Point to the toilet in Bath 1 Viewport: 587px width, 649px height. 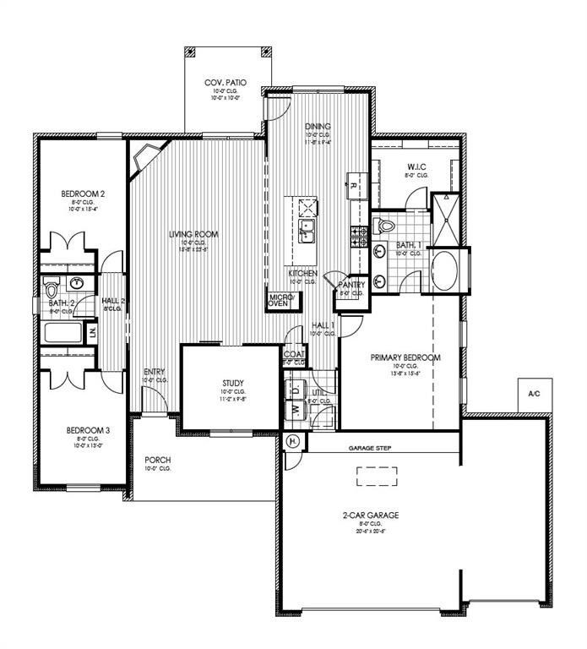386,226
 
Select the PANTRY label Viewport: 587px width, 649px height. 351,286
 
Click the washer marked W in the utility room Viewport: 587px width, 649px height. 295,410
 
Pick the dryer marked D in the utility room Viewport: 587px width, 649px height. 295,390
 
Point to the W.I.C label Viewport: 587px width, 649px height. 417,166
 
